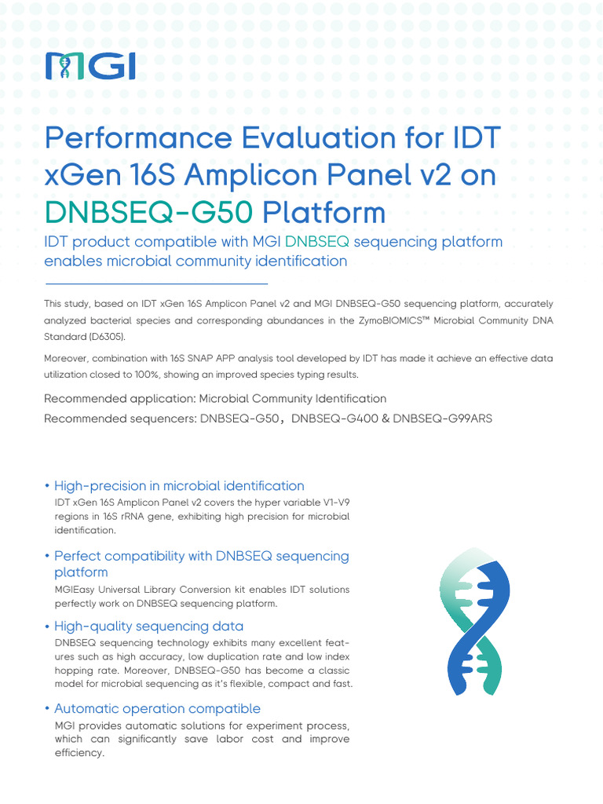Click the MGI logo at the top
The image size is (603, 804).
pos(90,66)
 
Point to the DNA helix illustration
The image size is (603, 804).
pos(474,627)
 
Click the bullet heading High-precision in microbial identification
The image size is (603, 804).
pos(179,485)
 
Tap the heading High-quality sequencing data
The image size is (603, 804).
pos(149,626)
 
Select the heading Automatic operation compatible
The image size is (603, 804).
pos(157,708)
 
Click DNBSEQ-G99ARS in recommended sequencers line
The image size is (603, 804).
pos(443,418)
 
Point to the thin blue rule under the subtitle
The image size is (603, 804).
pos(156,283)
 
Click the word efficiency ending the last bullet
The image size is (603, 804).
pos(79,752)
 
